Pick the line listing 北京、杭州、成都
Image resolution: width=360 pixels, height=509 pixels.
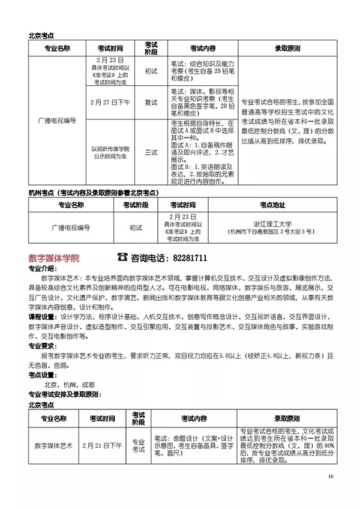pos(69,384)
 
